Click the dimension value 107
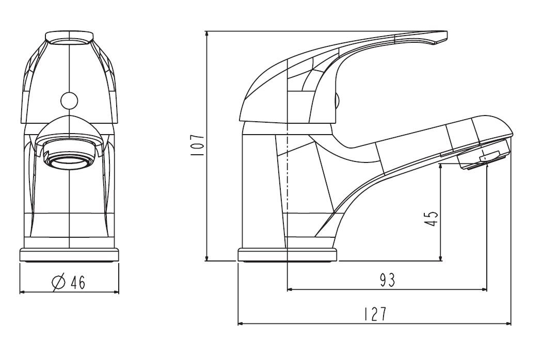pyautogui.click(x=198, y=146)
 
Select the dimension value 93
pyautogui.click(x=387, y=280)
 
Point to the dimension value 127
pyautogui.click(x=375, y=314)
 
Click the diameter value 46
pyautogui.click(x=78, y=283)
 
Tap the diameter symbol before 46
pyautogui.click(x=58, y=283)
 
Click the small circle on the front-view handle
pyautogui.click(x=69, y=101)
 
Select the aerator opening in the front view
pyautogui.click(x=70, y=161)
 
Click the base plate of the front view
pyautogui.click(x=70, y=255)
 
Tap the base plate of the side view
pyautogui.click(x=287, y=255)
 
